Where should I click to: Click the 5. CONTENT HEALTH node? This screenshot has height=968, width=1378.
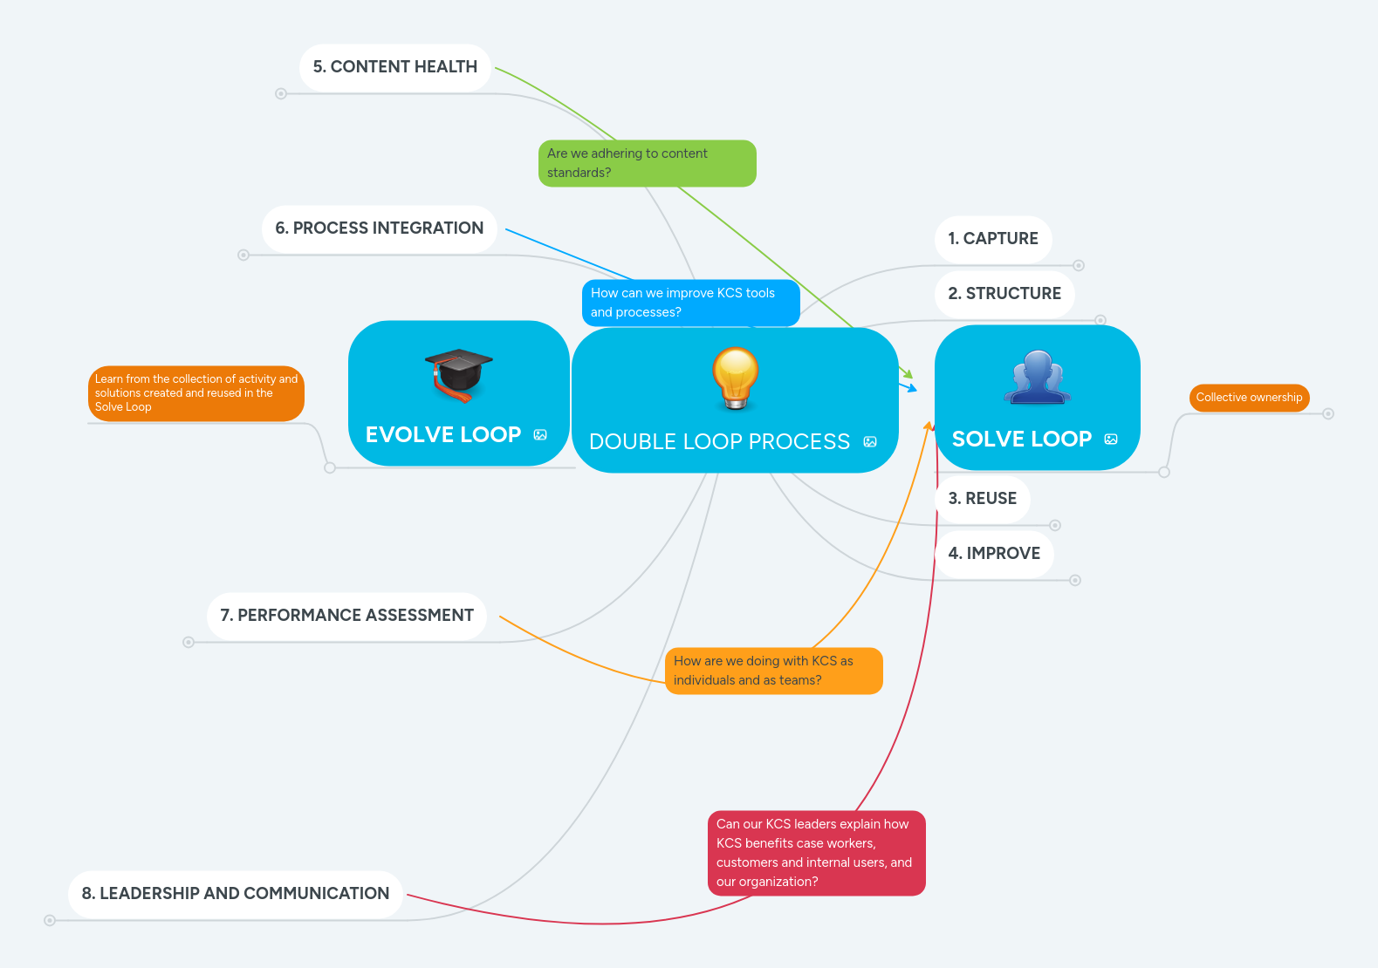tap(394, 67)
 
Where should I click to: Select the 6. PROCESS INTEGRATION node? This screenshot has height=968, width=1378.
tap(379, 228)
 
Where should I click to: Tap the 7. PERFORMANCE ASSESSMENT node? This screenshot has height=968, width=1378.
tap(346, 616)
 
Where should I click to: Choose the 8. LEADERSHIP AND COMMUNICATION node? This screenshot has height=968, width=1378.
tap(235, 894)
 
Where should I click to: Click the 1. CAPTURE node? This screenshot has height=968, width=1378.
tap(993, 239)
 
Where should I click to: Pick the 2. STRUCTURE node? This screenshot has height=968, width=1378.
tap(1004, 294)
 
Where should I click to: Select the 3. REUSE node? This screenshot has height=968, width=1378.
tap(982, 499)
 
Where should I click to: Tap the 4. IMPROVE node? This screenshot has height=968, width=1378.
tap(994, 554)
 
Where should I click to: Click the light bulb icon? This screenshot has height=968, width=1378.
tap(735, 378)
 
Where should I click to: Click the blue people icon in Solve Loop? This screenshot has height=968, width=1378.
tap(1037, 377)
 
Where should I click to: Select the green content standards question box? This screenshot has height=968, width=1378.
tap(647, 163)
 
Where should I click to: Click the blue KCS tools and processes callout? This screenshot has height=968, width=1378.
tap(690, 303)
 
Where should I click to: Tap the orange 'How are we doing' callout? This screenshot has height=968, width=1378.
tap(773, 671)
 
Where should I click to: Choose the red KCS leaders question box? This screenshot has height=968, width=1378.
tap(815, 853)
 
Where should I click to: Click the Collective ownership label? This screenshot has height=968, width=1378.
tap(1249, 398)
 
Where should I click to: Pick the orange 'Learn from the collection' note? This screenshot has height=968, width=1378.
tap(196, 393)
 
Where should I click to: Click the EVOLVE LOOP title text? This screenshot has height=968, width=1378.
tap(443, 435)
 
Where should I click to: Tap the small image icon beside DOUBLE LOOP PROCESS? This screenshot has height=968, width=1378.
tap(870, 442)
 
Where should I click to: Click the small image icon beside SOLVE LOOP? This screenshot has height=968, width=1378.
tap(1111, 440)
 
